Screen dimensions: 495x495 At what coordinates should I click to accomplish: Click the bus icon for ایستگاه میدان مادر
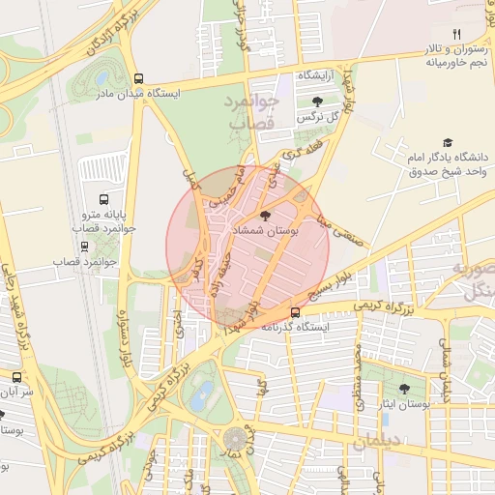139,79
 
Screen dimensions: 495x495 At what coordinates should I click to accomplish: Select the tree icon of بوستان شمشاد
266,215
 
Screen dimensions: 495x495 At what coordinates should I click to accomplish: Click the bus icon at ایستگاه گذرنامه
295,312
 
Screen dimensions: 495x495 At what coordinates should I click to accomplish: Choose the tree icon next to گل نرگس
317,101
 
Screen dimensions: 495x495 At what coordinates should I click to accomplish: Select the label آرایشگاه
315,75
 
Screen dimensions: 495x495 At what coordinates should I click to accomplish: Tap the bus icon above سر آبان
16,377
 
